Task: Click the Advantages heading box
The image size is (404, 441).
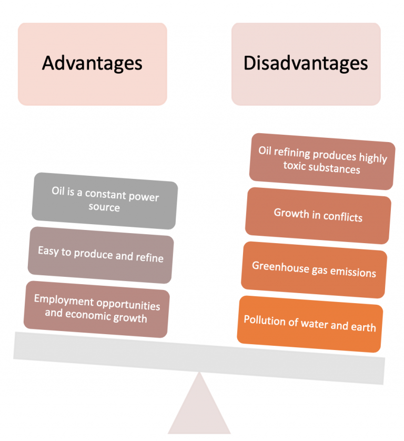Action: pyautogui.click(x=93, y=64)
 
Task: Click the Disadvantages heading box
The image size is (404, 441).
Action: pyautogui.click(x=306, y=64)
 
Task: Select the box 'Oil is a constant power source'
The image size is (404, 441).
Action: pyautogui.click(x=105, y=201)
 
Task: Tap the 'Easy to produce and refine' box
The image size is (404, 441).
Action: pyautogui.click(x=100, y=255)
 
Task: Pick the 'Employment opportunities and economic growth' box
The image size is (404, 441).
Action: pyautogui.click(x=96, y=309)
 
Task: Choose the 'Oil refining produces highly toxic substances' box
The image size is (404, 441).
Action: pyautogui.click(x=322, y=162)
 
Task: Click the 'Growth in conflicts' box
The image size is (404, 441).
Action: pyautogui.click(x=318, y=216)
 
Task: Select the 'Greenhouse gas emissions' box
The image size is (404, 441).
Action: pyautogui.click(x=314, y=270)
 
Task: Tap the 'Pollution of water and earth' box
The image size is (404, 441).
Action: pyautogui.click(x=310, y=324)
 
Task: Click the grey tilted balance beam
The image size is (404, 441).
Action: pyautogui.click(x=199, y=358)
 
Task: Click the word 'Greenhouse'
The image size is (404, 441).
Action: pyautogui.click(x=280, y=267)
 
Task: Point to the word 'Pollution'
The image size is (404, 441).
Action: pyautogui.click(x=264, y=320)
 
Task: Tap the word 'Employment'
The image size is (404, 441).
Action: pyautogui.click(x=64, y=300)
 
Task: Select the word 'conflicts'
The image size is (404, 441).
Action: pyautogui.click(x=342, y=217)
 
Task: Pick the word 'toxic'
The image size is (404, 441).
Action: pyautogui.click(x=295, y=166)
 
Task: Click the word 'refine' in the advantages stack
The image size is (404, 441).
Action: pyautogui.click(x=149, y=258)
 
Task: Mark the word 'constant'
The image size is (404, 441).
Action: pyautogui.click(x=106, y=194)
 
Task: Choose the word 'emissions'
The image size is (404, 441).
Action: pyautogui.click(x=353, y=272)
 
